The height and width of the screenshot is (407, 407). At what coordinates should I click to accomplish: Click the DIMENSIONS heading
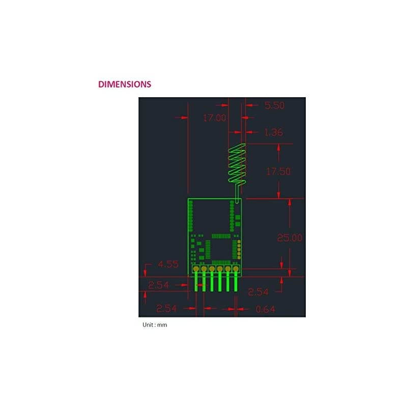pos(125,84)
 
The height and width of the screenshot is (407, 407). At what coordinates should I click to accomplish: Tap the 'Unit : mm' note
pos(155,325)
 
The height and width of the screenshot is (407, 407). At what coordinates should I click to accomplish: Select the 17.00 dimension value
pos(214,118)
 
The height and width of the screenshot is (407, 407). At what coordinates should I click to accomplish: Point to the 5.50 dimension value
pos(274,106)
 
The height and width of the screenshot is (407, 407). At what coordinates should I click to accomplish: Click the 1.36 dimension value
pos(273,132)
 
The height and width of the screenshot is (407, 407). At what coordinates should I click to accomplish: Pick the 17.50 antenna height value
pos(278,171)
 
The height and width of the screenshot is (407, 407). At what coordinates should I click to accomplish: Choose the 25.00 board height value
pos(289,238)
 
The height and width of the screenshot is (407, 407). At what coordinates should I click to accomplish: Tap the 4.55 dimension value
pos(168,264)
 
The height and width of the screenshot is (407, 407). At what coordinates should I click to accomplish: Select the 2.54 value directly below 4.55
pos(158,285)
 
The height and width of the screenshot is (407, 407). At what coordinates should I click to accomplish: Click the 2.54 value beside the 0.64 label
pos(167,308)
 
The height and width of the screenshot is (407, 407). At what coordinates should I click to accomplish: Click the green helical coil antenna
pos(237,164)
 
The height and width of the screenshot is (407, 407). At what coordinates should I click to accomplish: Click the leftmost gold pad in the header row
pos(196,269)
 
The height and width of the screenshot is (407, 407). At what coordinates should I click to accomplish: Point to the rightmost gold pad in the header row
pos(236,269)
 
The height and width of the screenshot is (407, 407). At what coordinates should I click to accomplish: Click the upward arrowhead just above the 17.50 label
pos(278,147)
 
